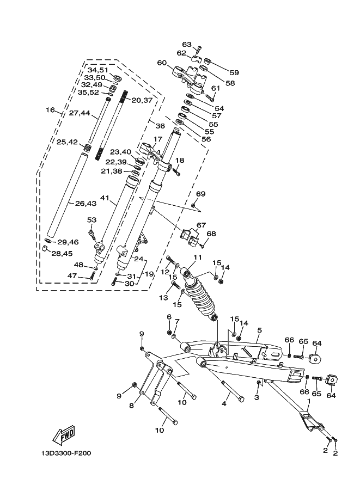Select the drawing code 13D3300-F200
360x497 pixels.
point(66,453)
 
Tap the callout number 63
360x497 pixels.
point(187,44)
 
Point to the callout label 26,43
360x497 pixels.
point(86,203)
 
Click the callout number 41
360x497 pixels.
point(105,198)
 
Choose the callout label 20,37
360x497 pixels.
point(142,100)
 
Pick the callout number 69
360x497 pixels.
point(201,194)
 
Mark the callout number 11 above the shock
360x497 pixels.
point(198,257)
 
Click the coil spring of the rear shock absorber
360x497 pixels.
point(199,298)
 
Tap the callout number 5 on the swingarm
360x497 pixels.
point(259,330)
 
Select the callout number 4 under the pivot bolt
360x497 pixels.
point(224,404)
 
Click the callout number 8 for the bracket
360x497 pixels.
point(132,406)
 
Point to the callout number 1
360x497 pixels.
point(309,401)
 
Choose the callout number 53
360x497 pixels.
point(91,220)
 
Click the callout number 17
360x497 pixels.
point(157,139)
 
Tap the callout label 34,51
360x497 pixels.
point(98,70)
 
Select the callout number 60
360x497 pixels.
point(162,63)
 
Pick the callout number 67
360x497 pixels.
point(201,225)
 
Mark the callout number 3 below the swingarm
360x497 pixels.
point(257,397)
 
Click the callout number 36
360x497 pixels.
point(160,126)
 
